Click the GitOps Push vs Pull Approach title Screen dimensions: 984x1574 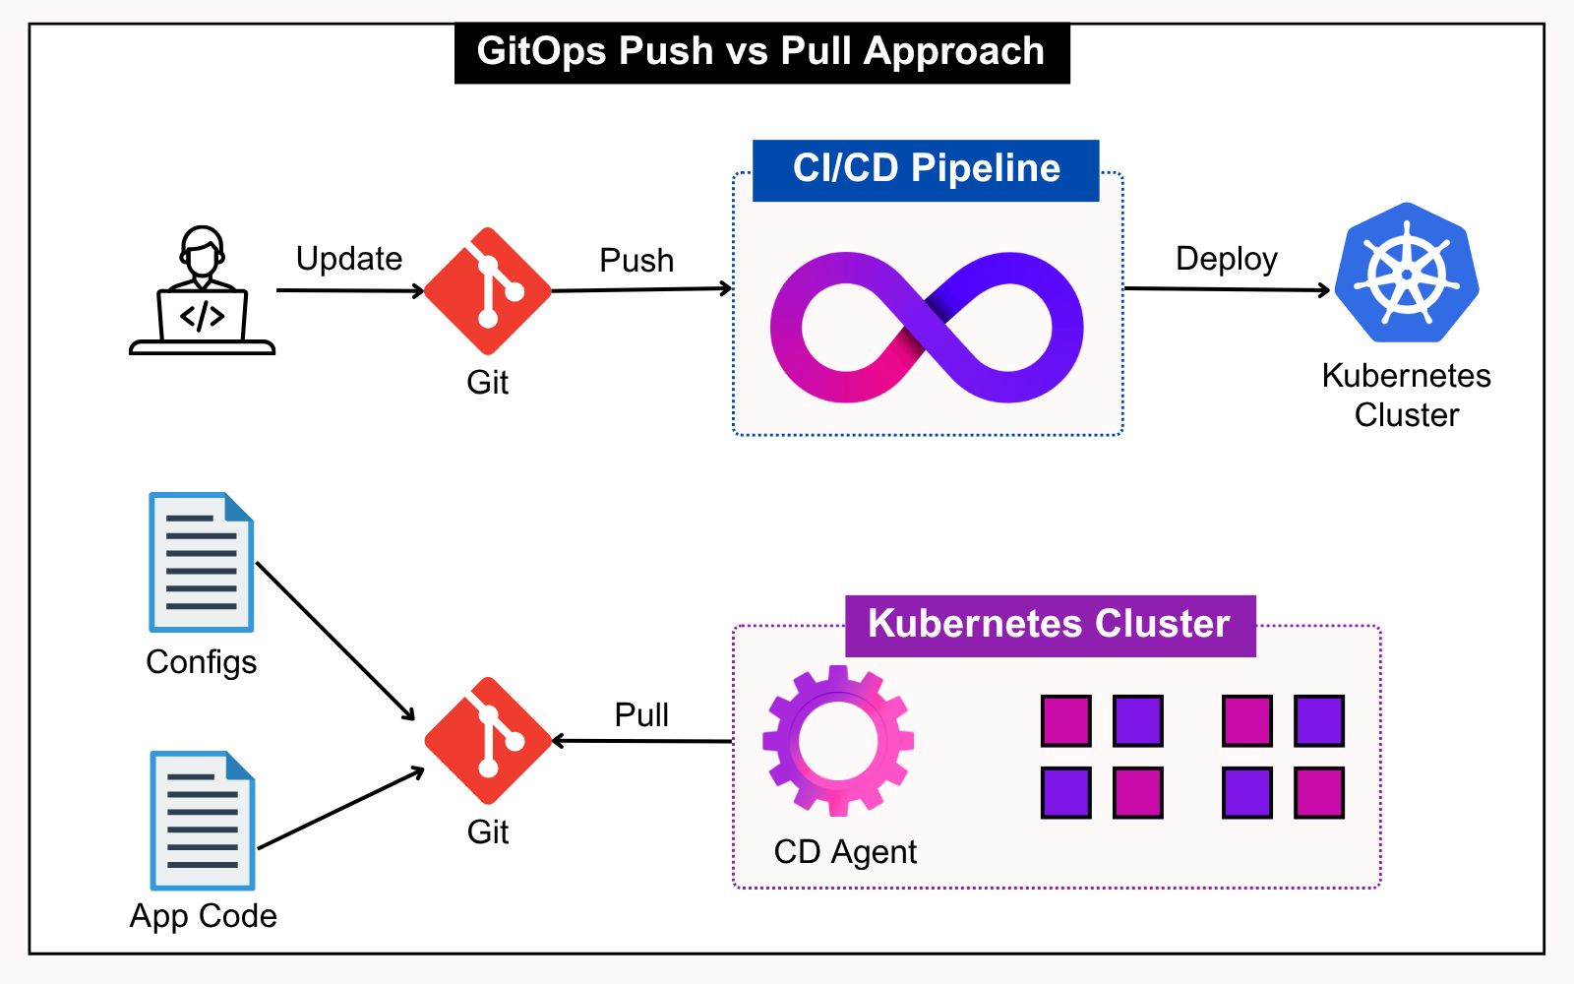coord(760,51)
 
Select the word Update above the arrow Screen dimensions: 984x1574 coord(349,259)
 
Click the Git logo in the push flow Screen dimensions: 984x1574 coord(488,291)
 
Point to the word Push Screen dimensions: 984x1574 coord(636,261)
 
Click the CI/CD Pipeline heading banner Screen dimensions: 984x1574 coord(926,169)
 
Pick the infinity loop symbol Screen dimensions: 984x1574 coord(926,327)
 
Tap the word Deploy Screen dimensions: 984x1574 coord(1226,259)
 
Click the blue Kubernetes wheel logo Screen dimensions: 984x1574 coord(1407,273)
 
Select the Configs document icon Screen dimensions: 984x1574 coord(202,562)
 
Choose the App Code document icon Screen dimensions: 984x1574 coord(203,821)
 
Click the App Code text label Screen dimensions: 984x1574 coord(204,916)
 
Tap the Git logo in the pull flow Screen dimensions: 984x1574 coord(488,741)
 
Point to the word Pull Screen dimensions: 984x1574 coord(641,714)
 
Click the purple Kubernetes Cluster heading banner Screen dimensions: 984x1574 coord(1050,625)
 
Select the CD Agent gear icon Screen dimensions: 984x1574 coord(838,740)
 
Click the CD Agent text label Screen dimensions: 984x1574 coord(845,852)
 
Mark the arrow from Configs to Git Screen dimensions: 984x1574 coord(334,641)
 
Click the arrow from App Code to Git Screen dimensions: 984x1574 coord(340,809)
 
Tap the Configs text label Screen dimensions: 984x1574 coord(202,662)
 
